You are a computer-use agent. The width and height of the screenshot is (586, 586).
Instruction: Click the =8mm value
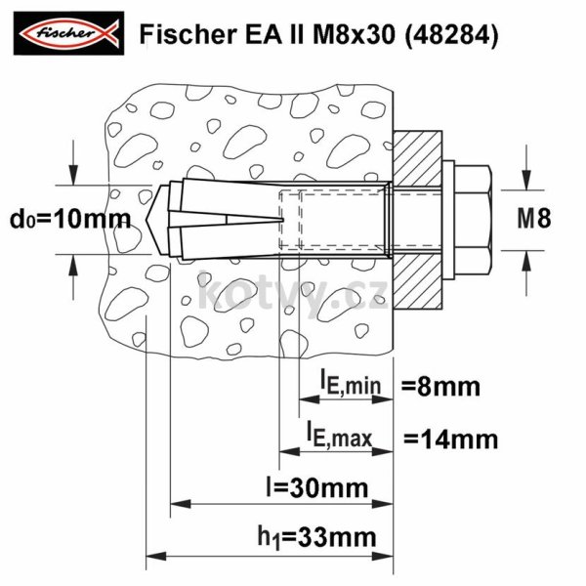[440, 387]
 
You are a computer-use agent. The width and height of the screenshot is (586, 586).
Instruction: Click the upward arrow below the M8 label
[527, 261]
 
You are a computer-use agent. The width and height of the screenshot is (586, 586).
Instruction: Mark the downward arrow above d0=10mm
[74, 170]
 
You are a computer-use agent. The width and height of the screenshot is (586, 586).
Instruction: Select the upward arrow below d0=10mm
[74, 267]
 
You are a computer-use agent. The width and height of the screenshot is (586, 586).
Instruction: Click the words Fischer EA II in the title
[201, 35]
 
